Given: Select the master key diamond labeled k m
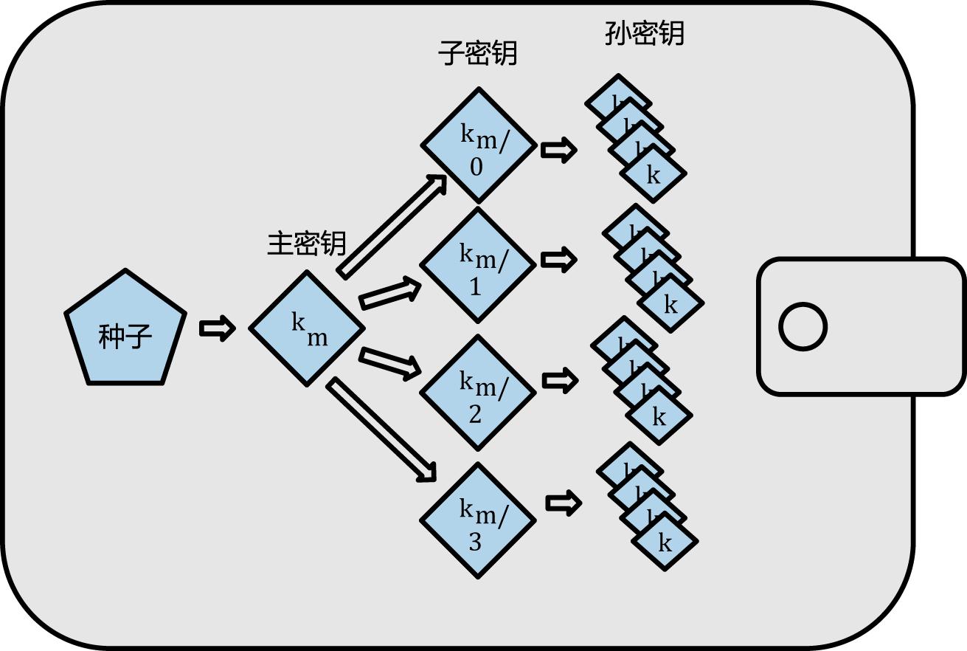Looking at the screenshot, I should (x=307, y=328).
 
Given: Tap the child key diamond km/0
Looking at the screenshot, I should (x=478, y=145).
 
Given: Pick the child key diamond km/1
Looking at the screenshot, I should (x=477, y=265).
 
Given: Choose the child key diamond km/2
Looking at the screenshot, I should (x=477, y=392).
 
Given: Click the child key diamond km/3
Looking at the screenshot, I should (x=477, y=520).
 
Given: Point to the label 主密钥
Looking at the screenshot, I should (x=306, y=243).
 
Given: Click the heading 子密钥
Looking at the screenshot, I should (x=477, y=53).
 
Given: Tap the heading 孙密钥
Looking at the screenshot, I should (x=644, y=33).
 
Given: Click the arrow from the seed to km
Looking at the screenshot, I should (x=217, y=328).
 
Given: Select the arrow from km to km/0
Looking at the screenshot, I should (x=393, y=226).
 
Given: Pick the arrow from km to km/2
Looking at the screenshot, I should (x=389, y=362).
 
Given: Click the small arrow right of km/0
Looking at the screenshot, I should (x=558, y=151).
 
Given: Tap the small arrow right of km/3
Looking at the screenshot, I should (x=564, y=503).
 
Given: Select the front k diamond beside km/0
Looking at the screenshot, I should (x=654, y=175).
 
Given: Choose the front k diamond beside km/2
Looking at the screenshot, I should (x=659, y=417).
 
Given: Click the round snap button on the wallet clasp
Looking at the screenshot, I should (x=803, y=327).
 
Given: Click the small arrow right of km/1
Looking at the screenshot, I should (x=558, y=260).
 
